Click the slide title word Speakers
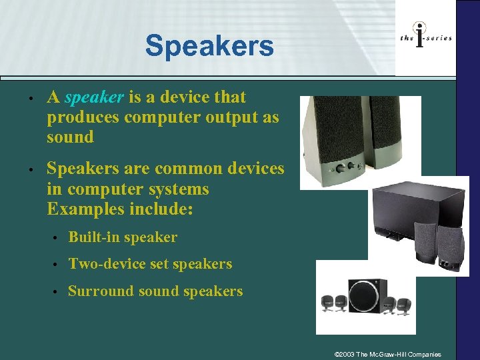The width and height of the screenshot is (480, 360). [x=209, y=46]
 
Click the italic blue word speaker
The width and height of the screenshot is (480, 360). [x=94, y=97]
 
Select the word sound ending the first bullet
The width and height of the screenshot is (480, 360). [x=70, y=137]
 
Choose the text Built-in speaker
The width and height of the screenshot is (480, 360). [x=123, y=237]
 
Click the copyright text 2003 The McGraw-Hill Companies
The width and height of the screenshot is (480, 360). [x=389, y=353]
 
